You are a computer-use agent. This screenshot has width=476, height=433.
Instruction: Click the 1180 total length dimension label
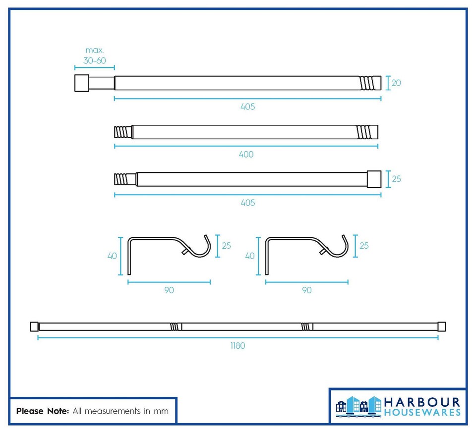(x=238, y=346)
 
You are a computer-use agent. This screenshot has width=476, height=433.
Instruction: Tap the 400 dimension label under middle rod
(x=246, y=155)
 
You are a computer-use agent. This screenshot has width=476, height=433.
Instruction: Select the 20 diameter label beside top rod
(x=396, y=83)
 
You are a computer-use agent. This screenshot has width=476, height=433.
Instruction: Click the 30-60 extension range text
(x=95, y=60)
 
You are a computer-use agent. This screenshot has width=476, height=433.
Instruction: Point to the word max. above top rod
(x=94, y=50)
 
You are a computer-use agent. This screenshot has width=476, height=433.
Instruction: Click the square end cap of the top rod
(x=82, y=83)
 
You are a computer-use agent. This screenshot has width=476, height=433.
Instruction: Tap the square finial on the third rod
(x=374, y=179)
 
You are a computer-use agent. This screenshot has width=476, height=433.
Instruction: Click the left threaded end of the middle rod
(x=123, y=132)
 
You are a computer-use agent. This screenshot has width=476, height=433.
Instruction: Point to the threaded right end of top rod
(x=370, y=83)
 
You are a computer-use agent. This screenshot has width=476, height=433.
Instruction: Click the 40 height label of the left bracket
(x=113, y=256)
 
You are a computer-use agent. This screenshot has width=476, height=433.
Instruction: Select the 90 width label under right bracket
(x=307, y=290)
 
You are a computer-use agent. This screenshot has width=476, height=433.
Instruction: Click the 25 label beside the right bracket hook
(x=364, y=245)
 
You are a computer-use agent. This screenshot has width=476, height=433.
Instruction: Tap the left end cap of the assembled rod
(x=34, y=326)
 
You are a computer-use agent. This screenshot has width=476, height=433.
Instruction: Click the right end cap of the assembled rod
(x=442, y=326)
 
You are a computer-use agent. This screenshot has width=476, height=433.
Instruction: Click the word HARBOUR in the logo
(x=422, y=403)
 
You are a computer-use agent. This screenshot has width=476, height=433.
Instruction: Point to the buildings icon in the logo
(x=358, y=406)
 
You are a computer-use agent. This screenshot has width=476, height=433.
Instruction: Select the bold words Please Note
(x=43, y=411)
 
